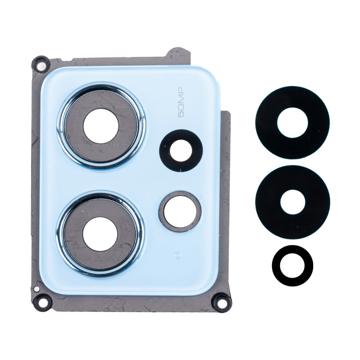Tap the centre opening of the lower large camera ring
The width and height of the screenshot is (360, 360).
point(100,235)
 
